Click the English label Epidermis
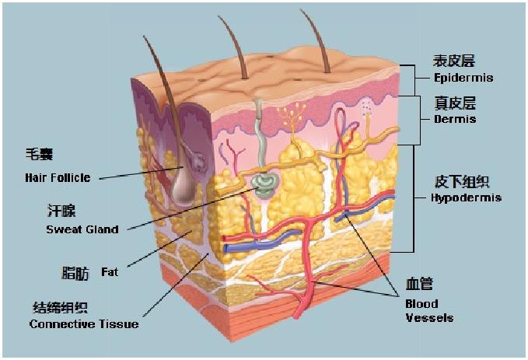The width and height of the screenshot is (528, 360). point(463,78)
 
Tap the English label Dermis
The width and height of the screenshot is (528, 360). point(454,120)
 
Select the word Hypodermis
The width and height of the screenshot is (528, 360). point(466,197)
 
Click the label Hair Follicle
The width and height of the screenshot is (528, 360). point(58,178)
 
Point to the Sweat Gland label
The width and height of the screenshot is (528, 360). point(82,229)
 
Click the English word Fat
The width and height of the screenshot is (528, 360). point(110,273)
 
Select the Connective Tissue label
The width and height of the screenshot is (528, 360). point(84,323)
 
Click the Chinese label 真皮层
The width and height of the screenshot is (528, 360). point(454,103)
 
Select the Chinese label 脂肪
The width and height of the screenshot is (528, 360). point(75,274)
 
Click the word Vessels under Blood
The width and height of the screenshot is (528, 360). point(429,317)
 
